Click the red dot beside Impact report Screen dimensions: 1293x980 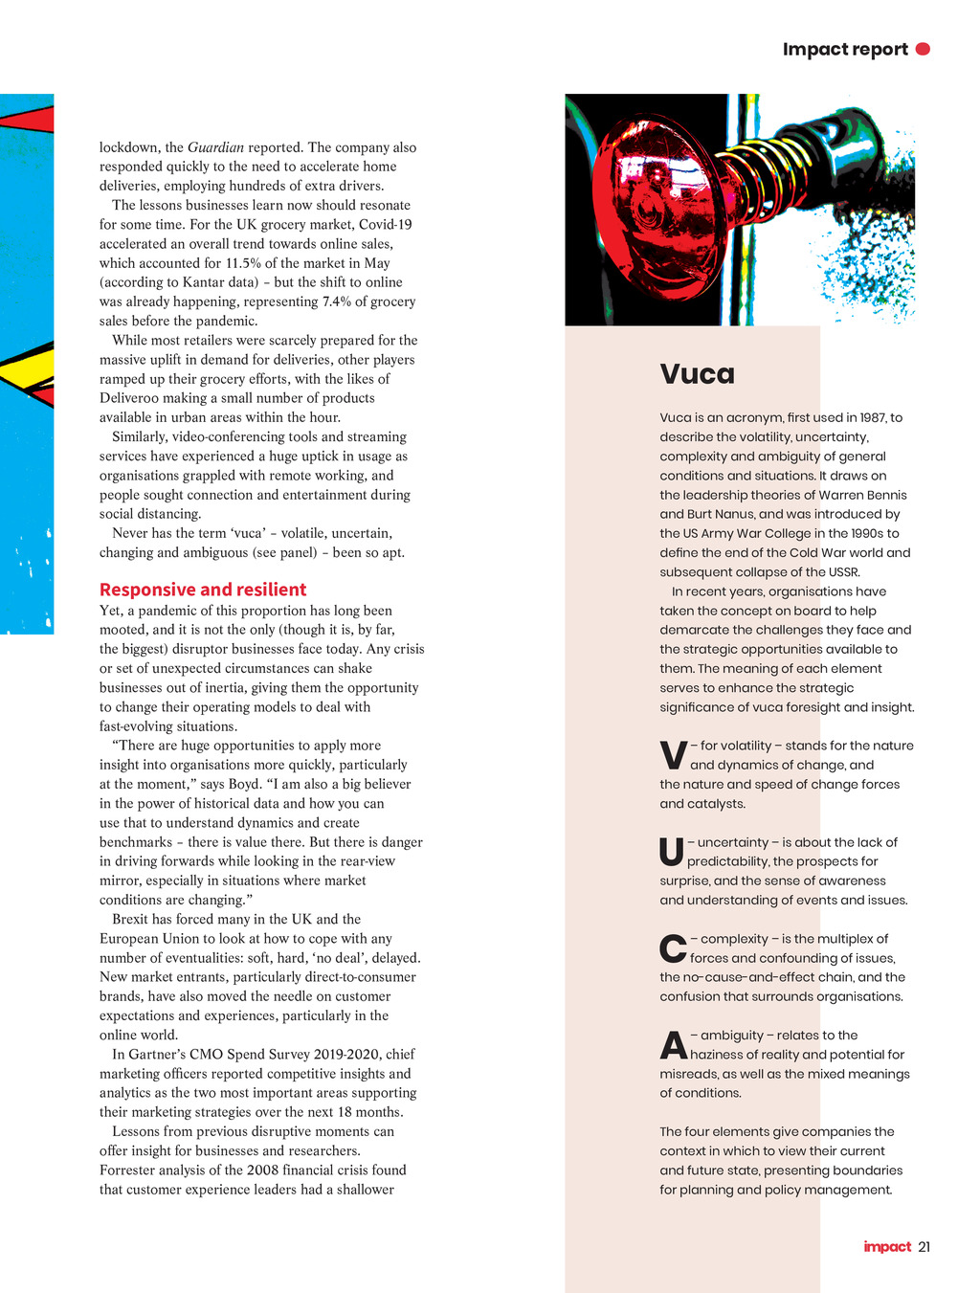click(923, 49)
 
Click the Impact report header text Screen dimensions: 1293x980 click(845, 49)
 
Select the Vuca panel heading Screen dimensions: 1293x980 click(698, 373)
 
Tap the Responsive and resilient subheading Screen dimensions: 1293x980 click(203, 590)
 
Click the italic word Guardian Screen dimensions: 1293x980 click(215, 147)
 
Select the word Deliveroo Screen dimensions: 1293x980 click(131, 398)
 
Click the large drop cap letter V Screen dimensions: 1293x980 click(674, 756)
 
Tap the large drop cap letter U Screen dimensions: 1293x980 click(672, 853)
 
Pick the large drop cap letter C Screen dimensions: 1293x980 click(673, 949)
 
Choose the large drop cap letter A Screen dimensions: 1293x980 click(674, 1046)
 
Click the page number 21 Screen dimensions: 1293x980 click(924, 1246)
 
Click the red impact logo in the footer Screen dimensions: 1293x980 click(887, 1246)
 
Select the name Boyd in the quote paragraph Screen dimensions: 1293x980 click(244, 784)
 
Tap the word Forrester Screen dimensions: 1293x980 click(129, 1170)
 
